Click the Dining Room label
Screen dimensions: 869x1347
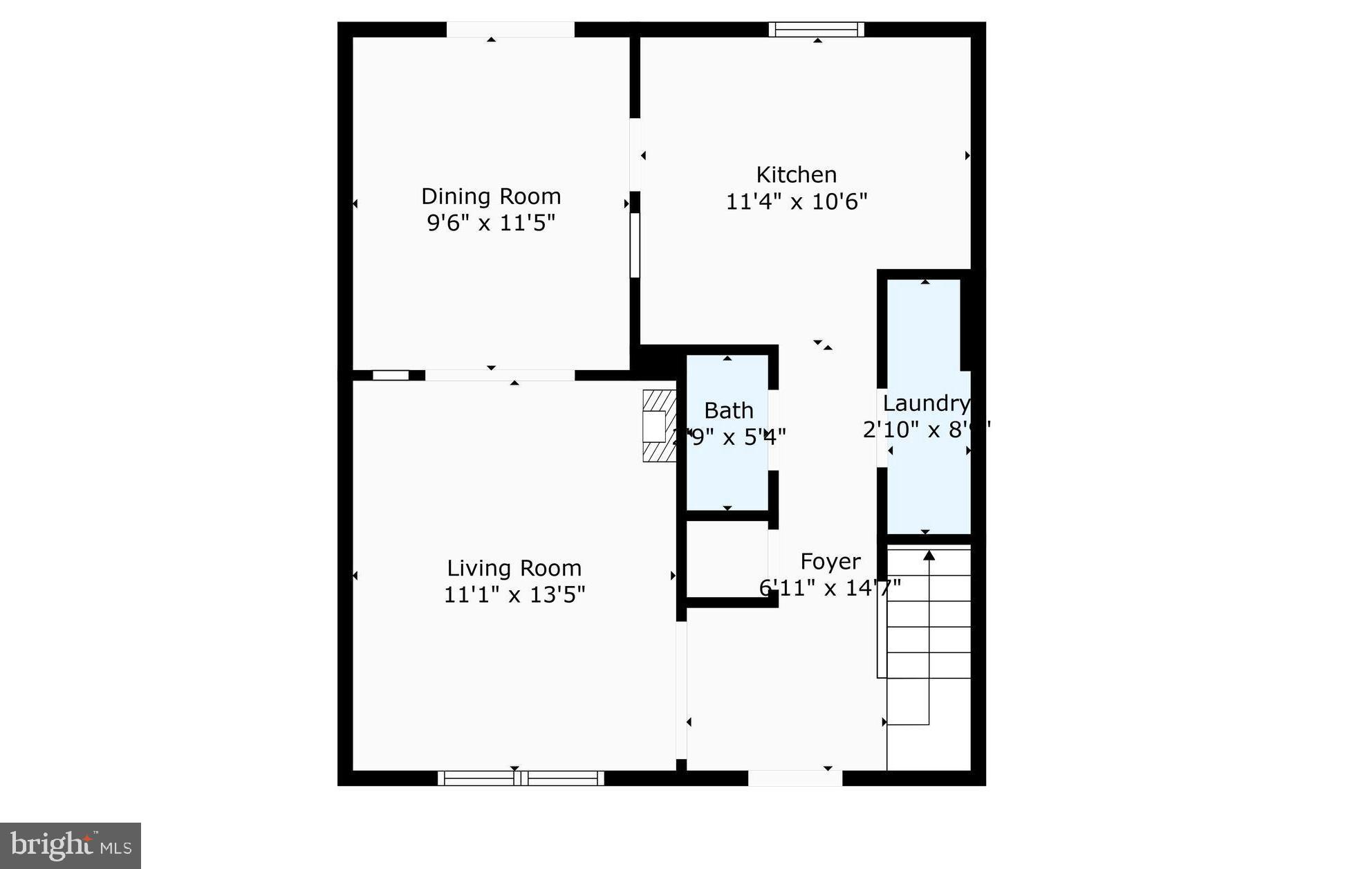pos(491,196)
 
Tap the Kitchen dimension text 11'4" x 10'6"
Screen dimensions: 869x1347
pos(796,202)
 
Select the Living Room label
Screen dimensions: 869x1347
pos(514,568)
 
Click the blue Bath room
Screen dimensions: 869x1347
pos(727,470)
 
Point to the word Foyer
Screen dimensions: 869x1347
pos(830,561)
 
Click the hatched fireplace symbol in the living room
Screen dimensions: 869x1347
pos(658,426)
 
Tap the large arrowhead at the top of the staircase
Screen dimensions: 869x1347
pos(929,555)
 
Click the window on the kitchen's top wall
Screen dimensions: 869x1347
pos(816,29)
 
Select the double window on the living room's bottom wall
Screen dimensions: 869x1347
pos(521,778)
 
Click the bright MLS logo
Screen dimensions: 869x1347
pos(71,845)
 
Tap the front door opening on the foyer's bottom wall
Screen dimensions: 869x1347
pos(795,778)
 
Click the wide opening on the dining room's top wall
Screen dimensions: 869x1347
pos(510,29)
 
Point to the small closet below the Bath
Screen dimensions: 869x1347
pos(726,559)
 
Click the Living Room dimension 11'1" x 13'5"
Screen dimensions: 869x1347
pos(514,595)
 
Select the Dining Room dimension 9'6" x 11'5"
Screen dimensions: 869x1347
pos(491,223)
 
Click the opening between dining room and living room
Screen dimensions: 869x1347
pos(499,375)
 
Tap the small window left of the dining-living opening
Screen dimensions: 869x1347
pos(391,375)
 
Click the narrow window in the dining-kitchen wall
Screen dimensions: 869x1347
pos(634,245)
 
